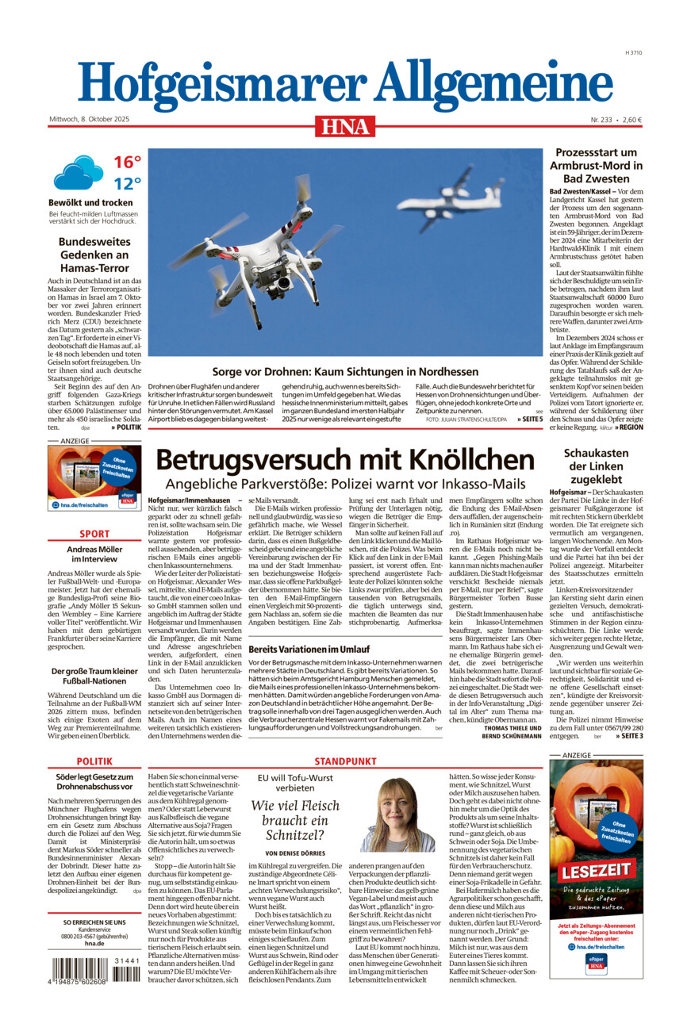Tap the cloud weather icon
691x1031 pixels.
(x=78, y=172)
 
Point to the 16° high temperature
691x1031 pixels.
(x=127, y=163)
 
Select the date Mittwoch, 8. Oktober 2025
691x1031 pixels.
(x=89, y=120)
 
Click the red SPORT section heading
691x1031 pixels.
(x=94, y=534)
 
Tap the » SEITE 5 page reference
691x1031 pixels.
(x=530, y=419)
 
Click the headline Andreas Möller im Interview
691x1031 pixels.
(x=94, y=554)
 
